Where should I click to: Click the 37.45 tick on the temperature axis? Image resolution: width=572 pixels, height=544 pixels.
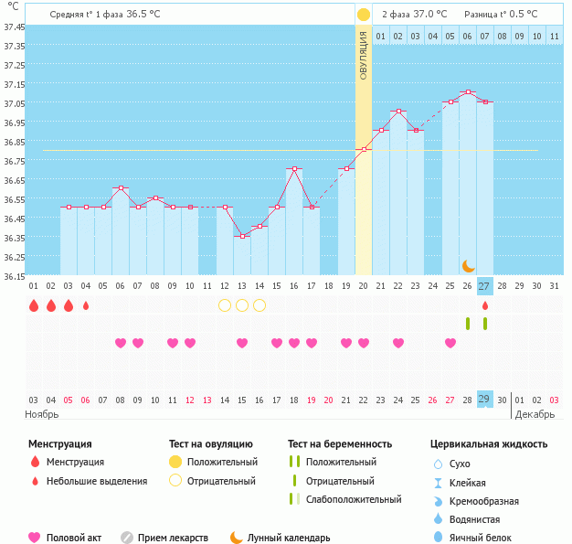pyautogui.click(x=13, y=27)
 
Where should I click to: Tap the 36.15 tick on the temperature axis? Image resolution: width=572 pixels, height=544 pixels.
pyautogui.click(x=13, y=276)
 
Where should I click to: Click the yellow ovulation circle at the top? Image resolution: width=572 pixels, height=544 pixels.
pyautogui.click(x=364, y=15)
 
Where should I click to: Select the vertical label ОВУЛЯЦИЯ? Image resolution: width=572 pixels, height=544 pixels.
pyautogui.click(x=364, y=56)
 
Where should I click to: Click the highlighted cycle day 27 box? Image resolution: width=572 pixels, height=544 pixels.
pyautogui.click(x=484, y=285)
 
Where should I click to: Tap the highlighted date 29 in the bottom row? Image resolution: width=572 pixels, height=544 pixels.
pyautogui.click(x=484, y=400)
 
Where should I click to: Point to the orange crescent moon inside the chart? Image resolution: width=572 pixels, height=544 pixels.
pyautogui.click(x=468, y=265)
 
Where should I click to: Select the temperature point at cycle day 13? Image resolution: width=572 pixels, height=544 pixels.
pyautogui.click(x=242, y=236)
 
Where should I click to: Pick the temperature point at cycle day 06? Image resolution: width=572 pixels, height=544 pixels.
pyautogui.click(x=121, y=188)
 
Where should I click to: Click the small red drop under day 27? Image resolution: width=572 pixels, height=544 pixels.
pyautogui.click(x=485, y=305)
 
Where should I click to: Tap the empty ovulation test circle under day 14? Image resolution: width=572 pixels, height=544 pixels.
pyautogui.click(x=225, y=305)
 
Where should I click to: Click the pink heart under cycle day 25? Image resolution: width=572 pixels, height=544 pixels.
pyautogui.click(x=450, y=343)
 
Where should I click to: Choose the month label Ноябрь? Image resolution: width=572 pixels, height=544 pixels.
pyautogui.click(x=42, y=414)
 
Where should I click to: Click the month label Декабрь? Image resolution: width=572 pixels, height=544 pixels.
pyautogui.click(x=534, y=414)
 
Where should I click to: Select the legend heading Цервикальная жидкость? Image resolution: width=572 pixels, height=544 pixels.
pyautogui.click(x=489, y=444)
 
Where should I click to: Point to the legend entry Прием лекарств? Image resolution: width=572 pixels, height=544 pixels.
pyautogui.click(x=173, y=538)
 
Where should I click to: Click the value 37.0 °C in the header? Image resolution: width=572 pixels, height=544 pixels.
pyautogui.click(x=430, y=15)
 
